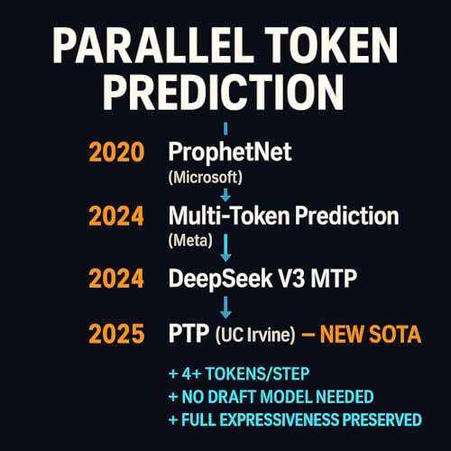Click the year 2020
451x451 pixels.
115,152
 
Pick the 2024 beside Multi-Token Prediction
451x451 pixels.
115,216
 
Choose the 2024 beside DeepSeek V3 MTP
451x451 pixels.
115,279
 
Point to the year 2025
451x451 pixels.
115,336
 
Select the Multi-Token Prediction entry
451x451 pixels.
283,216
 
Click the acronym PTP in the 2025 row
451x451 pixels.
188,336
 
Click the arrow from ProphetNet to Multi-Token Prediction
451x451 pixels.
225,192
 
